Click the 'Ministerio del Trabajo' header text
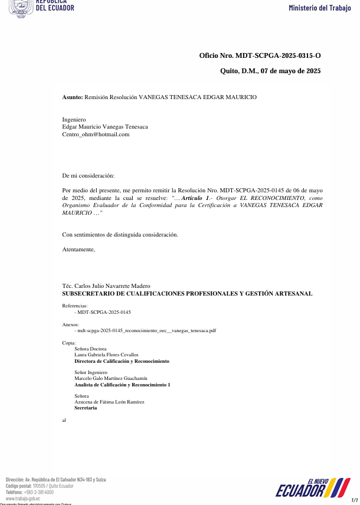[x=319, y=8]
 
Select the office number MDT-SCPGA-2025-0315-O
[x=277, y=55]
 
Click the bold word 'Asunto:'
[x=73, y=97]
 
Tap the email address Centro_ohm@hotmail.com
[x=96, y=134]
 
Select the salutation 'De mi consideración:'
[x=89, y=176]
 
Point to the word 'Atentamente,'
[x=78, y=250]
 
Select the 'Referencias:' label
[x=75, y=306]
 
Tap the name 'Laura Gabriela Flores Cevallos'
[x=106, y=355]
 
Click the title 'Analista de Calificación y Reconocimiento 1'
[x=122, y=385]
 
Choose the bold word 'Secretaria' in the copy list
[x=86, y=408]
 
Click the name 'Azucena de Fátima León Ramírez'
[x=109, y=402]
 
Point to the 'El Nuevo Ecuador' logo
[x=313, y=488]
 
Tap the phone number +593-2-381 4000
[x=38, y=492]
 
